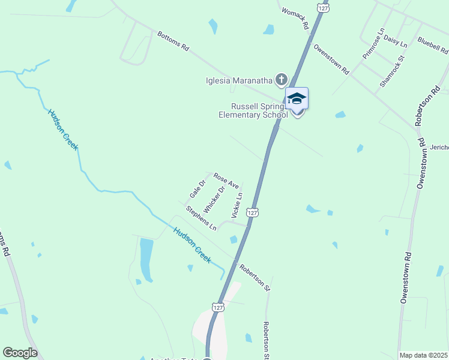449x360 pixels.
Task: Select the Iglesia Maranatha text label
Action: tap(239, 80)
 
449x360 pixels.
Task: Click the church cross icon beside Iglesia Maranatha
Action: tap(281, 79)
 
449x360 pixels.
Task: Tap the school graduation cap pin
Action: tap(297, 99)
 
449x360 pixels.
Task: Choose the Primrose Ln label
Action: tap(373, 43)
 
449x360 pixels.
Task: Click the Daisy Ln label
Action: tap(396, 41)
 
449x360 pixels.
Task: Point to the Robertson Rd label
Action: tap(427, 106)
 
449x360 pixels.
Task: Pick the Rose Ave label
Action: tap(226, 181)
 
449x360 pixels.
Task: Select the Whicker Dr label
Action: tap(214, 199)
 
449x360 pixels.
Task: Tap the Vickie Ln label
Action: tap(237, 204)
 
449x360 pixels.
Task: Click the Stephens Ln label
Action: tap(201, 219)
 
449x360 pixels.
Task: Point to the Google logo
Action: tap(20, 353)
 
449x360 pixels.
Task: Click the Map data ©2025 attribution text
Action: tap(424, 355)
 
